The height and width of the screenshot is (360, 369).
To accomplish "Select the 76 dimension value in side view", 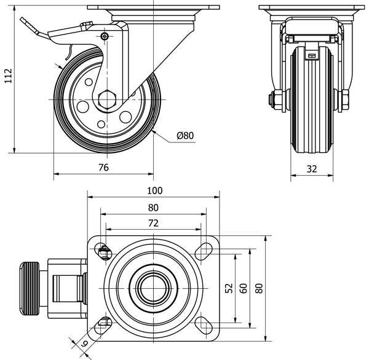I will (103, 166).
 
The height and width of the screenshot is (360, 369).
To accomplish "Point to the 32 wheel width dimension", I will (312, 169).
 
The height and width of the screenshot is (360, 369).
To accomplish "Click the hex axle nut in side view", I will (106, 98).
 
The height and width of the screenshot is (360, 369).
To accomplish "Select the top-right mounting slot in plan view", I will (202, 249).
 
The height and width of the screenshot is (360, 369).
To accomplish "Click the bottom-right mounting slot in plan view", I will (202, 322).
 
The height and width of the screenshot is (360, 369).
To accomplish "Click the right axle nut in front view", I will (344, 98).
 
